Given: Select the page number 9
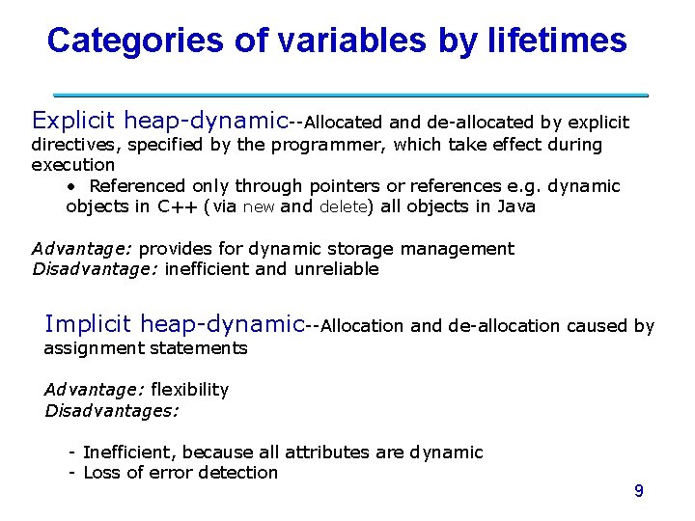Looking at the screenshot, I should [x=638, y=491].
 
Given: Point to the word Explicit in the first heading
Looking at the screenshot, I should [x=73, y=121].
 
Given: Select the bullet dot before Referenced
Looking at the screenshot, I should [x=72, y=186].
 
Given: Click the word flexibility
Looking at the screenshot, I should [x=189, y=390].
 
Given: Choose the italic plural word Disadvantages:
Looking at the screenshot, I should [x=112, y=410].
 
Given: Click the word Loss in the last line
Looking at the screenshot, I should [x=102, y=473].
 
